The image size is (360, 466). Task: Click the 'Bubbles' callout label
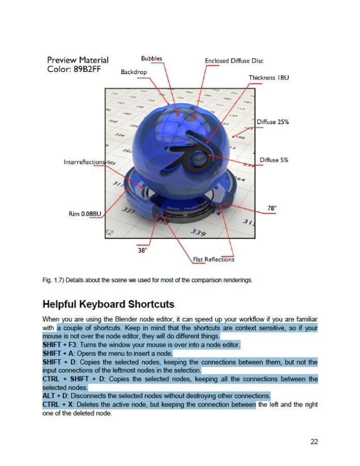click(152, 59)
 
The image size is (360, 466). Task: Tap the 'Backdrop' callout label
click(134, 72)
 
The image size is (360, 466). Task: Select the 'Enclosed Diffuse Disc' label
click(234, 61)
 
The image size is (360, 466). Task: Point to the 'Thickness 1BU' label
click(268, 78)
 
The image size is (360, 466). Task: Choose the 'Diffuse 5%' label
click(274, 160)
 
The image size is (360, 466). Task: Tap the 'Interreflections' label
click(84, 162)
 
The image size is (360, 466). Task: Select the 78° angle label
click(272, 208)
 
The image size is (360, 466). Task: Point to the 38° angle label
click(143, 250)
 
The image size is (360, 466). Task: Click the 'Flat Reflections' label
click(213, 259)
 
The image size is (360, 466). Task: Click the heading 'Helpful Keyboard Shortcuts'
click(108, 304)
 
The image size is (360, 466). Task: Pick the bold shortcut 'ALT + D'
click(53, 396)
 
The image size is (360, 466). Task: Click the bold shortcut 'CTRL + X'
click(55, 404)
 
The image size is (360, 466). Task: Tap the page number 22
click(314, 442)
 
